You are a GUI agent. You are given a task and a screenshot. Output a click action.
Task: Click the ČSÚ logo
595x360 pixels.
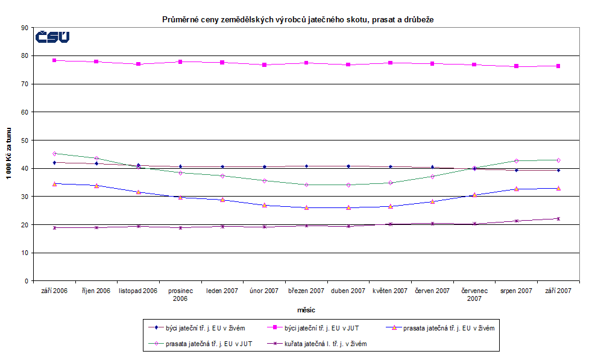(52, 37)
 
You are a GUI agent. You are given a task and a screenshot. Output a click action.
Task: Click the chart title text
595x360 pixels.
(298, 20)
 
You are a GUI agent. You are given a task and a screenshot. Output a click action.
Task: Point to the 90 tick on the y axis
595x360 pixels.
(25, 28)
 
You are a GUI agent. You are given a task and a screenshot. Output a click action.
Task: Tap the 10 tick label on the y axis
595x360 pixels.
(25, 253)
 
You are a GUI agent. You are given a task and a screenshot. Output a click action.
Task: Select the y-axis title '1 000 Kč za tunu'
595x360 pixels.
(10, 154)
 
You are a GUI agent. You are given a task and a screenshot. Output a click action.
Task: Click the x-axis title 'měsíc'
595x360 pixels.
(306, 309)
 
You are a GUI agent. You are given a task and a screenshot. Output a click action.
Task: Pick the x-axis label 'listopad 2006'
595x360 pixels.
(138, 291)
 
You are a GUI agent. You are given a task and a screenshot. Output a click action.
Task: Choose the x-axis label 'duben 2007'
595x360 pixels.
(348, 291)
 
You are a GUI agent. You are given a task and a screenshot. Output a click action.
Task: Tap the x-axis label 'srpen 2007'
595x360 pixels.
(516, 291)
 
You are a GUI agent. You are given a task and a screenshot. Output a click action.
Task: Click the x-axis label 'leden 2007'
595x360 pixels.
(222, 291)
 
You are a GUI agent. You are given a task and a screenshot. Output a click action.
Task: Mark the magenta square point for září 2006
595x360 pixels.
(54, 60)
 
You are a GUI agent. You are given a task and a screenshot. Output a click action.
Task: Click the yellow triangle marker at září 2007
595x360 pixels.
(558, 188)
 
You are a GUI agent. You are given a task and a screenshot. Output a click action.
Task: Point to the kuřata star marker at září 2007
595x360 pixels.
(558, 218)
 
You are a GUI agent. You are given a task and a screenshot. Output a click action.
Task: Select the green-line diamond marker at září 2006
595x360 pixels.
(54, 153)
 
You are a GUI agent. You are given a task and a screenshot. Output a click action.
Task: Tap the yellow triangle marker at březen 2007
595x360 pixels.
(306, 207)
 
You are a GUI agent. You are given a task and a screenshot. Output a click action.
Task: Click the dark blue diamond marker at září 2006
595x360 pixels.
(54, 162)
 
